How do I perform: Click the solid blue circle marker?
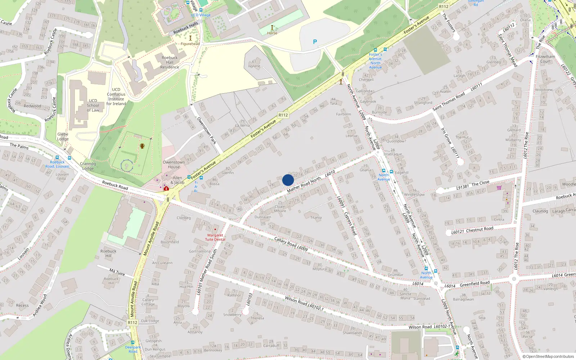point(288,180)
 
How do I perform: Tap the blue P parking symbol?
point(315,42)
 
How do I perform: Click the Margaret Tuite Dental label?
point(215,237)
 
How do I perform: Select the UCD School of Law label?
point(93,105)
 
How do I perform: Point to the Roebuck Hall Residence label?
point(170,62)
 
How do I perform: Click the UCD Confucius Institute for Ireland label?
point(116,96)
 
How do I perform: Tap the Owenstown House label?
point(174,165)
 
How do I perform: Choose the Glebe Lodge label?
point(63,136)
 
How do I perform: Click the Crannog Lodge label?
point(88,166)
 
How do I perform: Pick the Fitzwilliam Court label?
point(545,59)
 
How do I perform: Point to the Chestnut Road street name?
point(480,229)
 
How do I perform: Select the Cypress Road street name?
point(350,224)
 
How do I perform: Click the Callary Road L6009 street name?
point(291,244)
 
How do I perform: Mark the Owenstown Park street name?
point(206,131)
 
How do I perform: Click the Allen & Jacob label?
point(177,180)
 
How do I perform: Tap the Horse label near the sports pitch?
point(272,33)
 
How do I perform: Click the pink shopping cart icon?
point(499,188)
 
